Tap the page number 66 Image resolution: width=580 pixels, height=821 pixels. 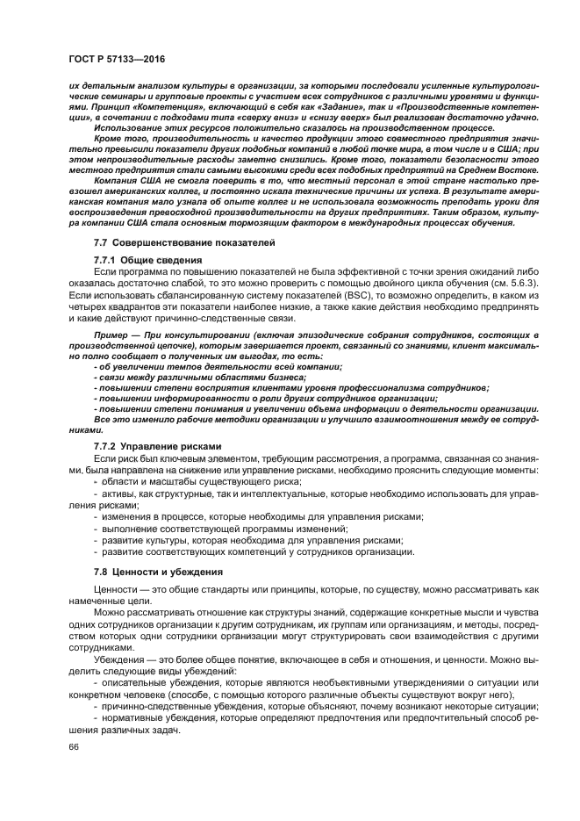[x=75, y=746]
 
